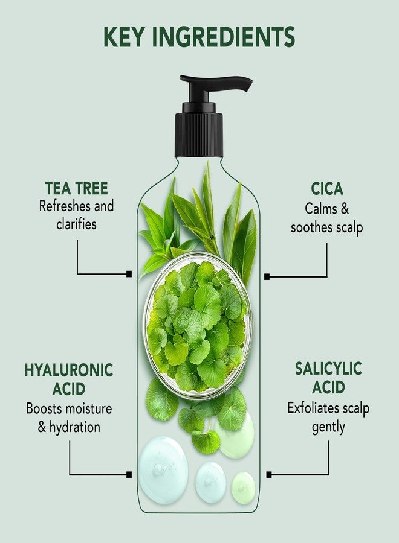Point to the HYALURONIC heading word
click(x=69, y=370)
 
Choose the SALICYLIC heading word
click(x=328, y=369)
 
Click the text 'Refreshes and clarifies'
click(x=76, y=214)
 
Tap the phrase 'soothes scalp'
click(x=326, y=227)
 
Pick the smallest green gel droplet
click(x=243, y=486)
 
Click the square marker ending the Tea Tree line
click(x=129, y=274)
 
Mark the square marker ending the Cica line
click(x=268, y=276)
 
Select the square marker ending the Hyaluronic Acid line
click(x=129, y=475)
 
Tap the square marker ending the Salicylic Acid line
click(x=269, y=475)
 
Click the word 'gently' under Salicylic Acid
click(x=328, y=427)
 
